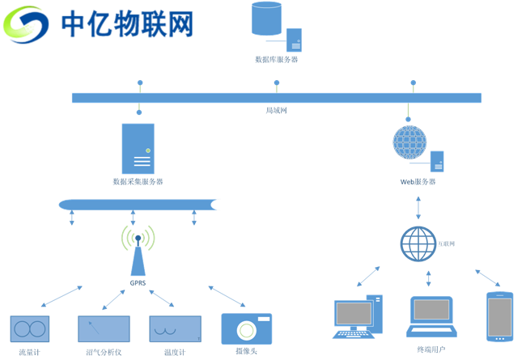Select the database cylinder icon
(267, 18)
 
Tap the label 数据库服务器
(276, 59)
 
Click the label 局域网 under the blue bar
(276, 110)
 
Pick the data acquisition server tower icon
(138, 149)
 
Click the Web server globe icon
(409, 142)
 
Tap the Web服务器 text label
(418, 182)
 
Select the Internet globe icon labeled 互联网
(418, 244)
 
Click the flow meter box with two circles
(30, 328)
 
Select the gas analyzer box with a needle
(104, 328)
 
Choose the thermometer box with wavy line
(175, 328)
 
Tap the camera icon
(246, 328)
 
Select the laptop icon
(431, 316)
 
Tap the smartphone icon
(499, 316)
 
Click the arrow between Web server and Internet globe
(418, 207)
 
